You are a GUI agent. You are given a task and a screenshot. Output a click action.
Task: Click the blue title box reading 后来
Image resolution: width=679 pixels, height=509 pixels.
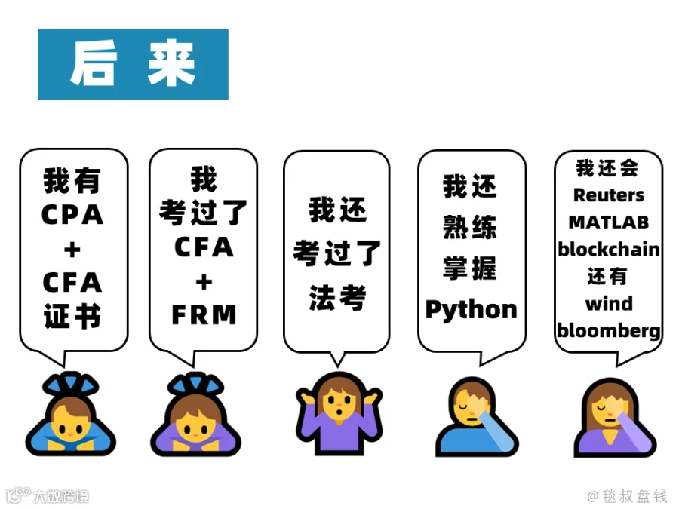[134, 64]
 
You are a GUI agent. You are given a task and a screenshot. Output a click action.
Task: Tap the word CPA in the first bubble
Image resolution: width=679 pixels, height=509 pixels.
[72, 215]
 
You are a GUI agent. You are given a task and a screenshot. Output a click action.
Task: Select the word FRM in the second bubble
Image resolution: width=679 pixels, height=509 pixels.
[204, 314]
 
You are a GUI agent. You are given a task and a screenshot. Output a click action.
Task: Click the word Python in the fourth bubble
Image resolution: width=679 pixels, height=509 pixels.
[471, 311]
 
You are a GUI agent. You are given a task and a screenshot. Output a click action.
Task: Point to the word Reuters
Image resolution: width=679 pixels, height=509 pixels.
[608, 195]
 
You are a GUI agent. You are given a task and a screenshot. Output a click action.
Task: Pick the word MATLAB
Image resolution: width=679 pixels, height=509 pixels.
[608, 222]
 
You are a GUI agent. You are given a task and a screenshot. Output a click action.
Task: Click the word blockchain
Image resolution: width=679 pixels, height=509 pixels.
[608, 250]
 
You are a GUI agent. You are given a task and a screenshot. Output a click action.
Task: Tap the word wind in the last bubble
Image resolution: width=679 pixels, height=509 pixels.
[609, 303]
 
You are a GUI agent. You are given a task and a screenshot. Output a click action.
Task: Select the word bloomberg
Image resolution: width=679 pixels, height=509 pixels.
[608, 331]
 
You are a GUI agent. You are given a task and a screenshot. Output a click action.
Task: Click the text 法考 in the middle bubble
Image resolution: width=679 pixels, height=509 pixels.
[337, 298]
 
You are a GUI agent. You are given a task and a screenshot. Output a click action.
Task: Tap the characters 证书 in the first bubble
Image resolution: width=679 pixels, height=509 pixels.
[72, 316]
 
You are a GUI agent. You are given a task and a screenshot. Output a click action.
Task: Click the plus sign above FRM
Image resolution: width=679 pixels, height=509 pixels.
[204, 282]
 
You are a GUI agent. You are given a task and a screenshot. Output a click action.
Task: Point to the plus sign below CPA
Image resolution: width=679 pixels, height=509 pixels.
[72, 250]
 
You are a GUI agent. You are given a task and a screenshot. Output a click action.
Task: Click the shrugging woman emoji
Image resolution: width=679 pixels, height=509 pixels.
[339, 413]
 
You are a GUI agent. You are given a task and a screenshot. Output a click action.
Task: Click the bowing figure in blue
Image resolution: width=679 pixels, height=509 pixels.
[71, 413]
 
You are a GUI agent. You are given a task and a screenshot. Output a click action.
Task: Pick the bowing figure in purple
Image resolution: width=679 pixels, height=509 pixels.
[195, 413]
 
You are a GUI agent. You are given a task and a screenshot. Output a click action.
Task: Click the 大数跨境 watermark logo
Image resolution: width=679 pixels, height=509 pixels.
[48, 495]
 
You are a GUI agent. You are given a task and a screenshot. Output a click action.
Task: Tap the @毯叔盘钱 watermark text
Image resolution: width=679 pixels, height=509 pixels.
[627, 496]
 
